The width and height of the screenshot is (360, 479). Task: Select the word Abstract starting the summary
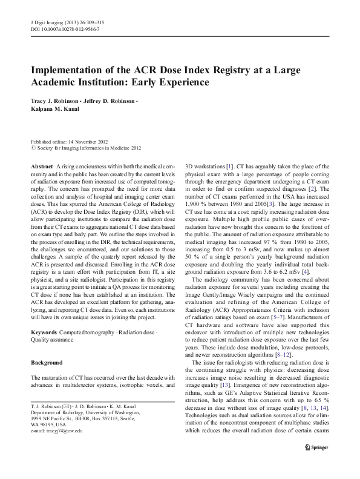(41, 165)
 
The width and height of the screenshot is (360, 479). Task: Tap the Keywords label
(44, 334)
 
